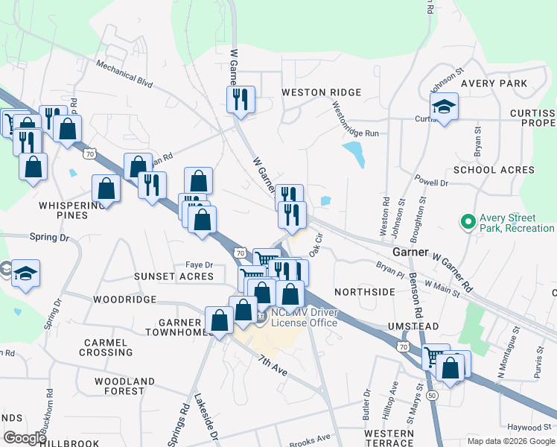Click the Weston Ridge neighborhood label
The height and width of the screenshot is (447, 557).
(321, 92)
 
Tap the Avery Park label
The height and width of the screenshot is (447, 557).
(494, 83)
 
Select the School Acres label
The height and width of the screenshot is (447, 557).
(494, 170)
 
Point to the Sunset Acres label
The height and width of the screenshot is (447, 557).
(174, 276)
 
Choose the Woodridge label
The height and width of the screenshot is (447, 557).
(125, 299)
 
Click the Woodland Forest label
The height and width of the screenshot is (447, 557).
(119, 386)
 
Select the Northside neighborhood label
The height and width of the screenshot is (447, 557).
(364, 292)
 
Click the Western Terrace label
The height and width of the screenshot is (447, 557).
(389, 438)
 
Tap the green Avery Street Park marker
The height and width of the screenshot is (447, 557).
(468, 221)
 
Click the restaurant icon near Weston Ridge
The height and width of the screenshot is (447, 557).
(241, 100)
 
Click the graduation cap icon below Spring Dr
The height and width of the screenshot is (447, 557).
(25, 273)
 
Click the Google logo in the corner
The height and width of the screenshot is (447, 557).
(25, 438)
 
